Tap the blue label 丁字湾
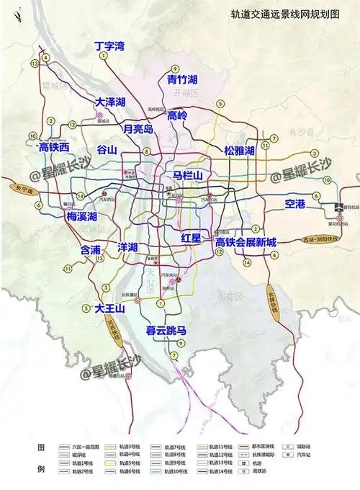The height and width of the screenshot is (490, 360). coord(110,47)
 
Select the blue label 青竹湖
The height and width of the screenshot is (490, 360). coord(182,79)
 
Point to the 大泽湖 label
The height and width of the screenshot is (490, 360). coord(111,103)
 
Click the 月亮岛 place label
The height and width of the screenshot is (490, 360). coord(138,129)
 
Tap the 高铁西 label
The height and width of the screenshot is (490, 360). coord(53,147)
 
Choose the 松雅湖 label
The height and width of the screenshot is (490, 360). coord(239,151)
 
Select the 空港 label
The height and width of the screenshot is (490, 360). coord(295,204)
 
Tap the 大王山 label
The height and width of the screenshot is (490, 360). coord(110,308)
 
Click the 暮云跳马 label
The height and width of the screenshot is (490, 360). coord(166,331)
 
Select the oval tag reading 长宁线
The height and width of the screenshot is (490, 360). coord(22,190)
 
